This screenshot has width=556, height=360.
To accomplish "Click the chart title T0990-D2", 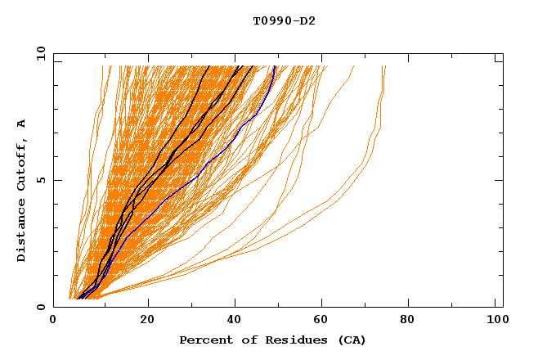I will (x=284, y=20).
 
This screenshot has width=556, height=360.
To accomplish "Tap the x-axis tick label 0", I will (x=53, y=321).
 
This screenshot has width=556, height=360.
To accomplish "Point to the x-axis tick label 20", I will (x=147, y=321).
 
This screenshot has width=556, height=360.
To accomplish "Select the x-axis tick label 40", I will (x=235, y=321).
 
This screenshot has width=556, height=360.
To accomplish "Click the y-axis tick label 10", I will (x=40, y=54).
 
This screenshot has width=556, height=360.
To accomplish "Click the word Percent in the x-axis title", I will (x=205, y=340).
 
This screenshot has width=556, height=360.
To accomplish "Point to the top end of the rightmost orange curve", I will (x=385, y=66).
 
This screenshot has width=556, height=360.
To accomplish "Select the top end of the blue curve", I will (x=275, y=66).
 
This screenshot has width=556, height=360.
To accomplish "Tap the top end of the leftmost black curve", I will (x=209, y=66).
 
